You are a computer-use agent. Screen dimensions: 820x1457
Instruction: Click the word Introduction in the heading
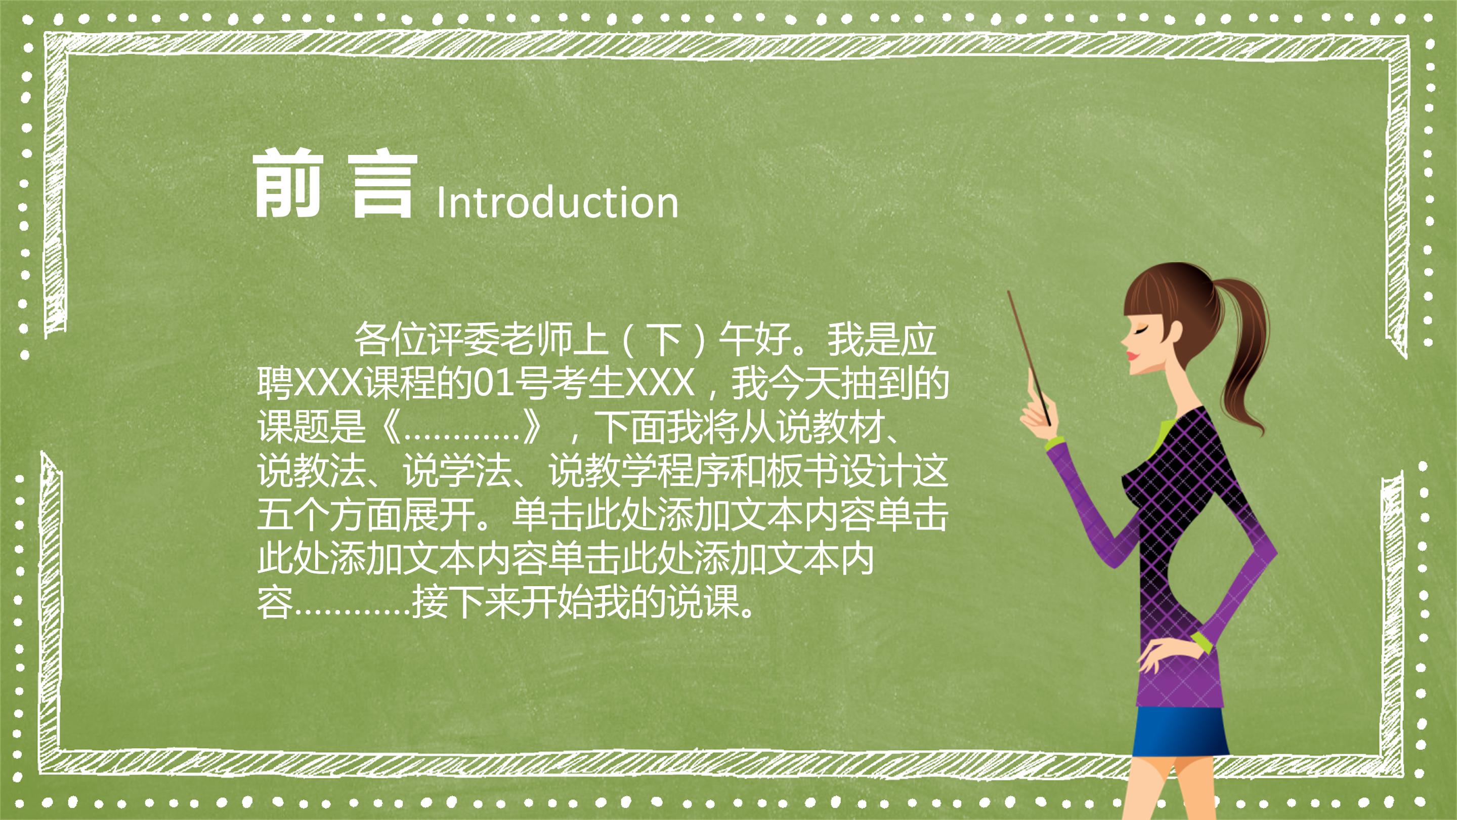tap(557, 202)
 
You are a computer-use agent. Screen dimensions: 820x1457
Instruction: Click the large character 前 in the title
tap(287, 184)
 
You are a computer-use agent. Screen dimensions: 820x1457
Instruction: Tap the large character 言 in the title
tap(383, 185)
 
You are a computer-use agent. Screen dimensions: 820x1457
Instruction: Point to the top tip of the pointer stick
tap(1009, 294)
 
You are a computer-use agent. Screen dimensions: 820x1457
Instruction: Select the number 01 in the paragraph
tap(490, 383)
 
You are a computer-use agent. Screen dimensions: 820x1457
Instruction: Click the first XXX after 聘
tap(328, 383)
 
